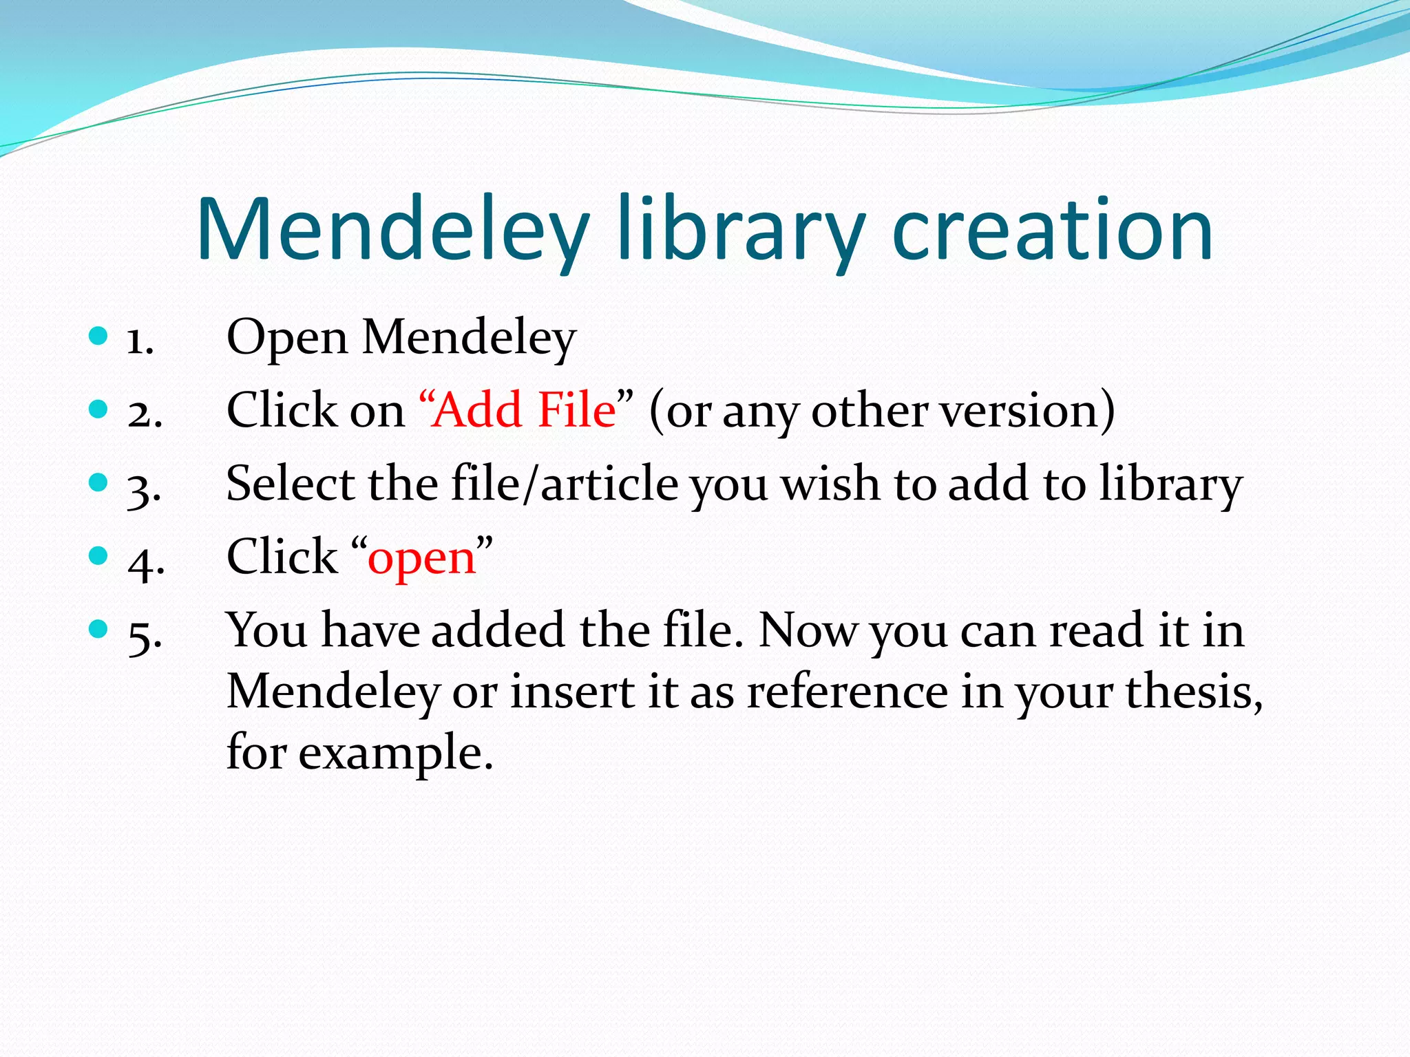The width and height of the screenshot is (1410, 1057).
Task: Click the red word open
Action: (x=422, y=557)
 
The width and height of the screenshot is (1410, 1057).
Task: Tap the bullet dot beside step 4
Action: (x=98, y=555)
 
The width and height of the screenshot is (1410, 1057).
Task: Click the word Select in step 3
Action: (x=290, y=484)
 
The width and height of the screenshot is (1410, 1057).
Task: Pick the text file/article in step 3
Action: (x=565, y=484)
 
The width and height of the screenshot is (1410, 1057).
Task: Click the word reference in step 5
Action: (x=848, y=692)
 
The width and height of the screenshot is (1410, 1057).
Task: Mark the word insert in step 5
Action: (x=572, y=692)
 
